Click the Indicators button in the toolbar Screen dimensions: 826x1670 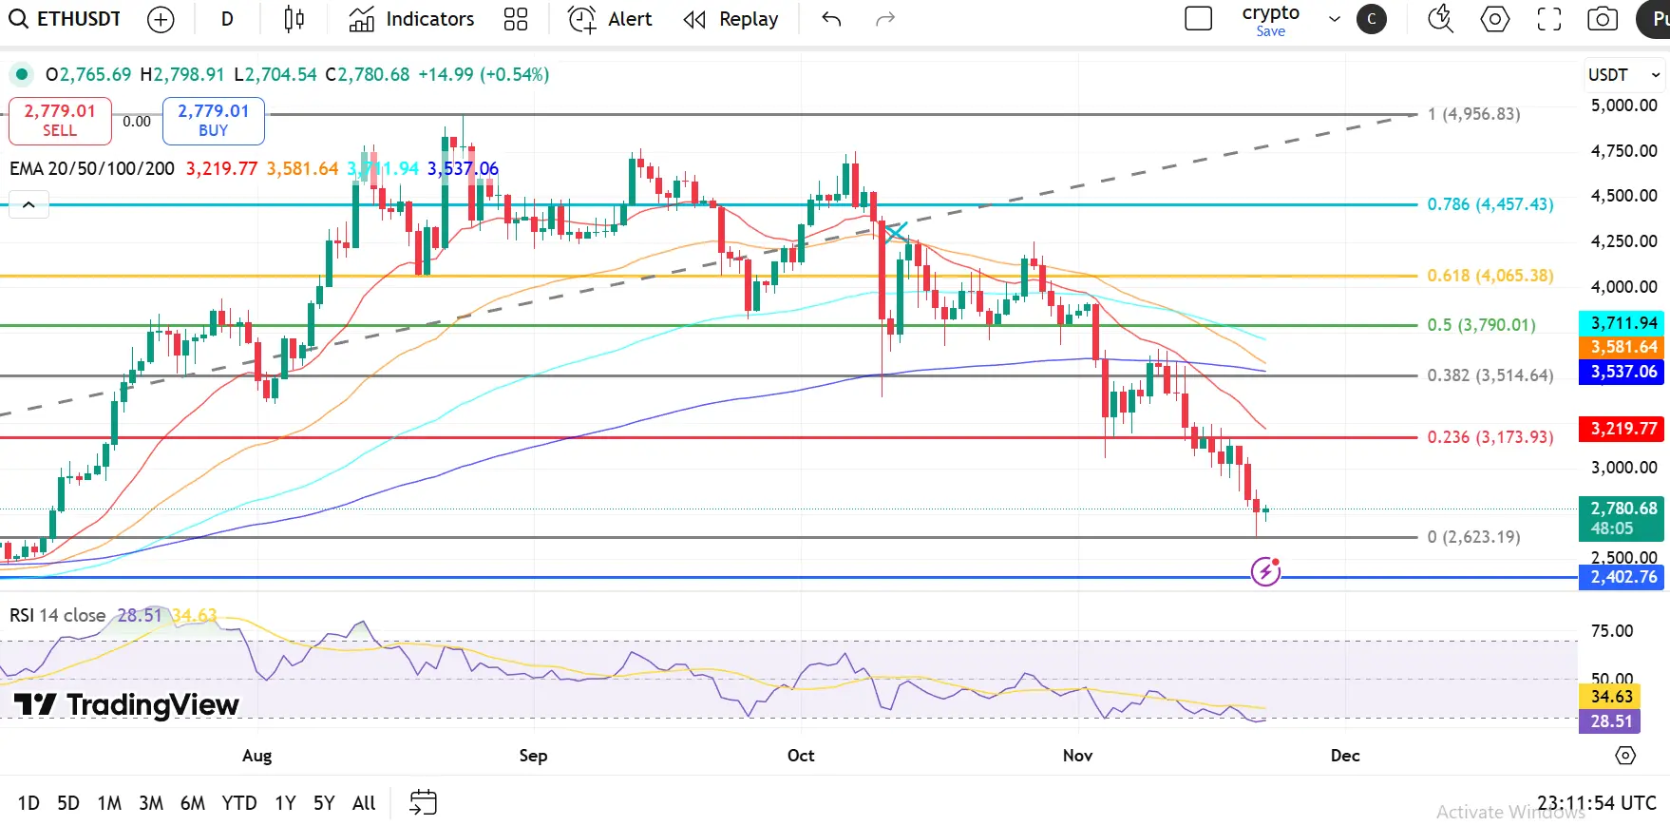(411, 19)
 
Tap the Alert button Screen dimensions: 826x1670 (610, 19)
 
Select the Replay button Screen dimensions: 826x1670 (731, 19)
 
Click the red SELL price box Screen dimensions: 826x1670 (60, 121)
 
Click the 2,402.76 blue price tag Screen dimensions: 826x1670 (1623, 577)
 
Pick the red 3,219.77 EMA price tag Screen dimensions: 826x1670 (1623, 429)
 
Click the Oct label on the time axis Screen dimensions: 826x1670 (801, 756)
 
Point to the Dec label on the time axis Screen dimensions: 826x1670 (1345, 756)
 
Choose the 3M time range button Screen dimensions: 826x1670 (151, 803)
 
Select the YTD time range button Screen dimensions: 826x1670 (239, 803)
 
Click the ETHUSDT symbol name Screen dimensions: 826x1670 (79, 19)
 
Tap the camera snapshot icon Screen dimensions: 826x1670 (1603, 19)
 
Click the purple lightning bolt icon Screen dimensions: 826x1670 (1265, 571)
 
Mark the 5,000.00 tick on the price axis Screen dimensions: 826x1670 (1623, 106)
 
